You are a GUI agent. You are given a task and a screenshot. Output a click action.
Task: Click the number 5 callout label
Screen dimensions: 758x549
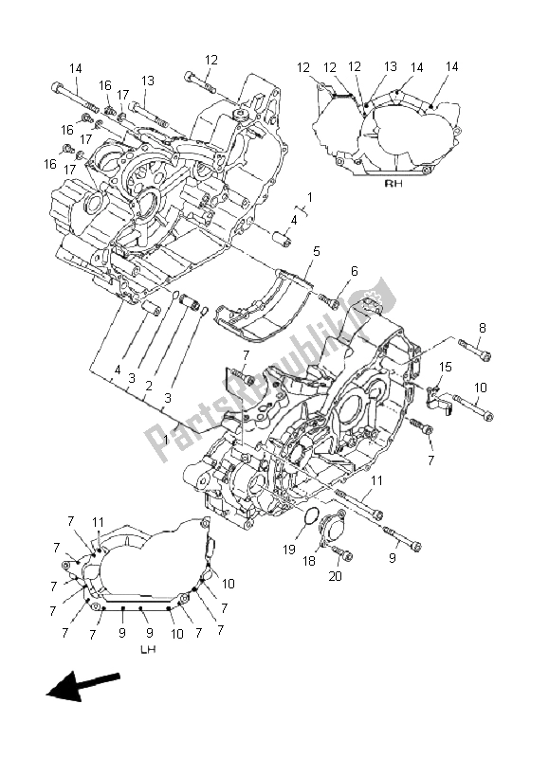(x=316, y=252)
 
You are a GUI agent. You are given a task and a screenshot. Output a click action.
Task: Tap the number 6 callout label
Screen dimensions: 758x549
(x=355, y=271)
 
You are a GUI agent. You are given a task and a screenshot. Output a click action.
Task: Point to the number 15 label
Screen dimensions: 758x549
(x=445, y=367)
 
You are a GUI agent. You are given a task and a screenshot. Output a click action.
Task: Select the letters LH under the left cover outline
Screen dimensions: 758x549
(x=148, y=650)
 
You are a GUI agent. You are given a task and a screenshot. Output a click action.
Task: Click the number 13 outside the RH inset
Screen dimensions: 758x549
(x=148, y=81)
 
